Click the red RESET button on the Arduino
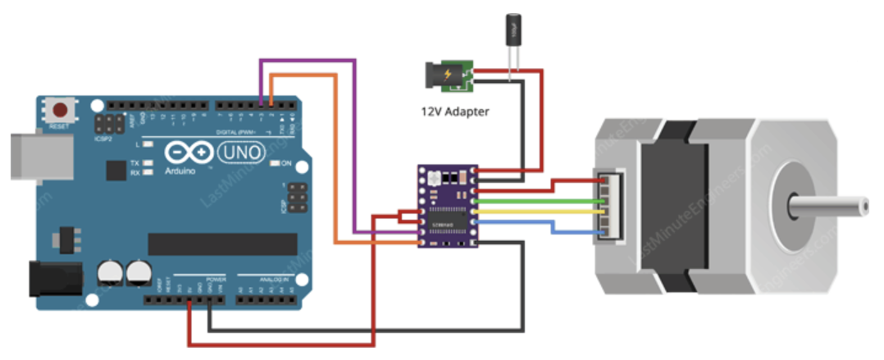click(x=59, y=110)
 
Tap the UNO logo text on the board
click(x=238, y=153)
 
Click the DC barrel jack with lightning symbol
click(x=447, y=76)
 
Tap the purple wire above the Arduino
click(x=308, y=60)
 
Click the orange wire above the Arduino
click(x=303, y=75)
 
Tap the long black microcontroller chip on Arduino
click(x=222, y=244)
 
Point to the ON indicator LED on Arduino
click(x=276, y=163)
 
